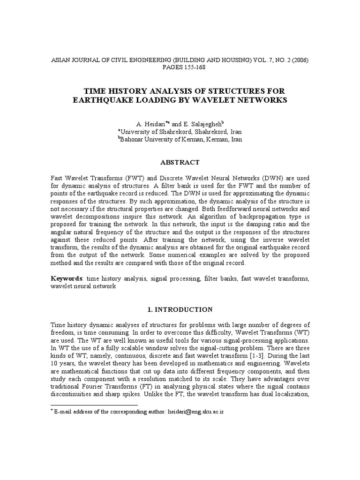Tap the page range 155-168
point(180,67)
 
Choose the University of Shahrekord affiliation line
point(180,132)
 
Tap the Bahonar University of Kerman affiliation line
point(180,139)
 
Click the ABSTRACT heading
point(180,162)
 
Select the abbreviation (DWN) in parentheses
point(269,179)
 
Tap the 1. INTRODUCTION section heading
point(180,309)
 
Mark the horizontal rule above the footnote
point(94,405)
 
